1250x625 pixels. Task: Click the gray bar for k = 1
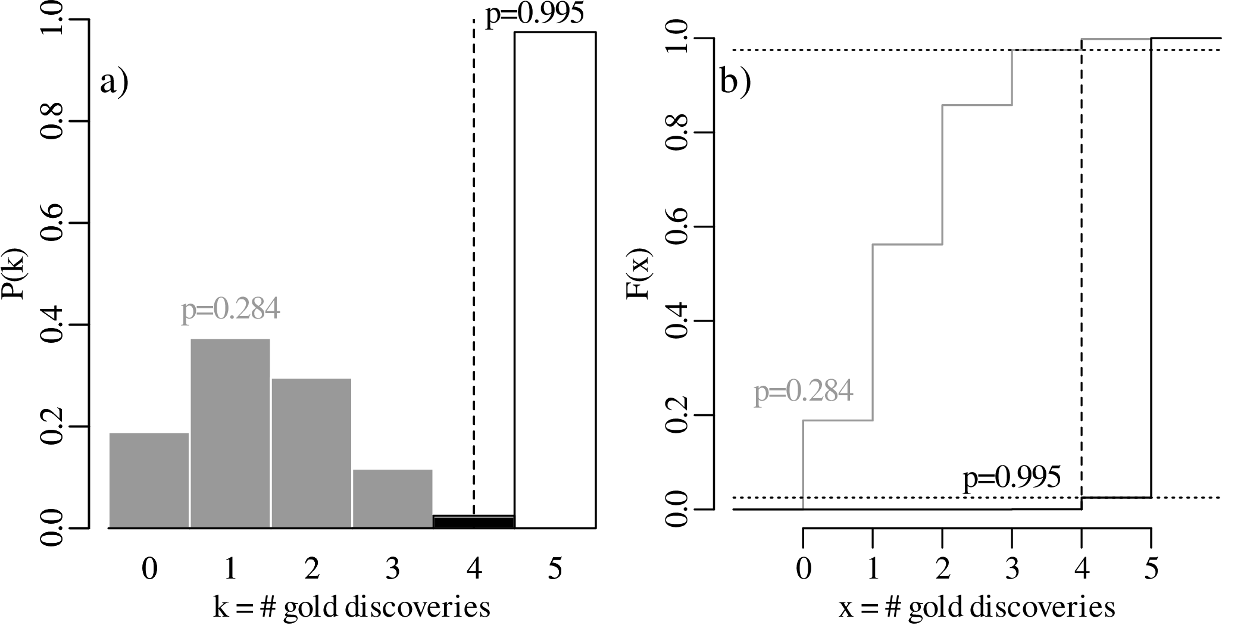(230, 433)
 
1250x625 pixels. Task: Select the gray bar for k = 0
(149, 480)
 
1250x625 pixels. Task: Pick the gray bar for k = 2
(311, 452)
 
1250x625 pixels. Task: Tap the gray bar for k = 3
(392, 498)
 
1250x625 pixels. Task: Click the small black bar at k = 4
(473, 521)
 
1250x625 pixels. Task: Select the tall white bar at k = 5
(555, 280)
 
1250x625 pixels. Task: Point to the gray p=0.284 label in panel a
(230, 310)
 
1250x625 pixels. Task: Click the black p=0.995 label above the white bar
(535, 14)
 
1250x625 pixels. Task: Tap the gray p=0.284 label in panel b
(804, 392)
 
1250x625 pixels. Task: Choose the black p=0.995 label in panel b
(1012, 478)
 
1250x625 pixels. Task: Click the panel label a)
(114, 82)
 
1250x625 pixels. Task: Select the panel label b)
(736, 82)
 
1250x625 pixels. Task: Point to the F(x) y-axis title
(642, 273)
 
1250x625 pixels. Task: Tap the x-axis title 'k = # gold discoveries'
(352, 608)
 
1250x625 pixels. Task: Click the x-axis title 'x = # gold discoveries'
(977, 608)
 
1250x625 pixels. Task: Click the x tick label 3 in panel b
(1012, 570)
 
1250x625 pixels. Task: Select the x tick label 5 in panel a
(555, 570)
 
